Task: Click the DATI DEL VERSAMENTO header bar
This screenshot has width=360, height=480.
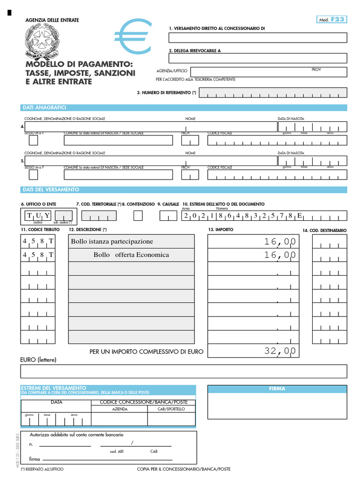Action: click(183, 189)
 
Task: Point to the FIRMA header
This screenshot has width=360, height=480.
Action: click(277, 389)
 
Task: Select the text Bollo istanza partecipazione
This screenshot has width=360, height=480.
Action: click(112, 241)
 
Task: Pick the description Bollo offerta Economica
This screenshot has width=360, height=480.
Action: click(131, 255)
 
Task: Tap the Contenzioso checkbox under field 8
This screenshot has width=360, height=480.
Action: click(138, 216)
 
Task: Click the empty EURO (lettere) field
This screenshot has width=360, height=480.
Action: click(183, 371)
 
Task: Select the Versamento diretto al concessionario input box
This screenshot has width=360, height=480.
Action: click(258, 37)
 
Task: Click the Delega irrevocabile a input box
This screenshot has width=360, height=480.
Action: click(258, 58)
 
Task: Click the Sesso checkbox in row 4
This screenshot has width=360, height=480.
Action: click(33, 140)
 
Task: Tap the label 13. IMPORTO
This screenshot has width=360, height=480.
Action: click(220, 230)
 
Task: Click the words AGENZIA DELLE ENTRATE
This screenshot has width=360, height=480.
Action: click(52, 20)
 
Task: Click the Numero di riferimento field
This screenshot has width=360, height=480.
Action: click(273, 93)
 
